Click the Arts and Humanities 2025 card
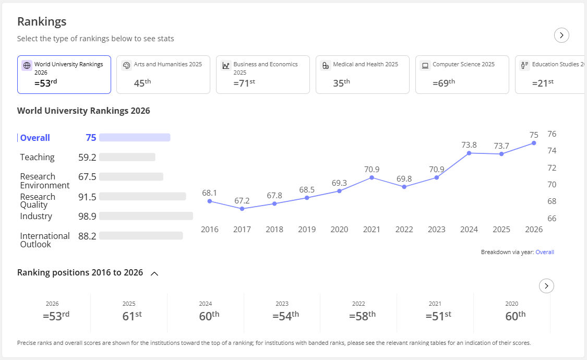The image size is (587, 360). (x=163, y=75)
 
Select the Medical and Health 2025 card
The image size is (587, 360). (x=363, y=75)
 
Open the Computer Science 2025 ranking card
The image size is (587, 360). (x=462, y=75)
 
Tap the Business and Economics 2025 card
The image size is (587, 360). (x=263, y=75)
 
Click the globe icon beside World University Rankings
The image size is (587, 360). (x=27, y=66)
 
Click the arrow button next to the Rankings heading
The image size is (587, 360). (x=561, y=35)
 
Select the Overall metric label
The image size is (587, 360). (x=35, y=138)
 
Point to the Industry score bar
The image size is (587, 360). (x=146, y=216)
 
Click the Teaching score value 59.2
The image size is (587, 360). (x=87, y=157)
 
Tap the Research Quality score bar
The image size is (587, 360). (x=142, y=197)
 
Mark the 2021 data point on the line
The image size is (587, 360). (x=372, y=177)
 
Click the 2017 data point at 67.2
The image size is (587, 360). (x=242, y=209)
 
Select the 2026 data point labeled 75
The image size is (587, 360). (x=534, y=143)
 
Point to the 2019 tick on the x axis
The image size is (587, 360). (x=307, y=230)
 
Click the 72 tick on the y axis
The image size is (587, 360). (x=552, y=167)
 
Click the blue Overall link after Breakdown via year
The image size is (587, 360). (x=545, y=252)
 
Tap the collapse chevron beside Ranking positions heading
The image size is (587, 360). (x=154, y=273)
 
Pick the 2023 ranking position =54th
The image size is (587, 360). (x=285, y=316)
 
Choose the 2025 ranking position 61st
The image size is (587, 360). (x=132, y=316)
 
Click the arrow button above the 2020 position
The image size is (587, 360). (x=547, y=286)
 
